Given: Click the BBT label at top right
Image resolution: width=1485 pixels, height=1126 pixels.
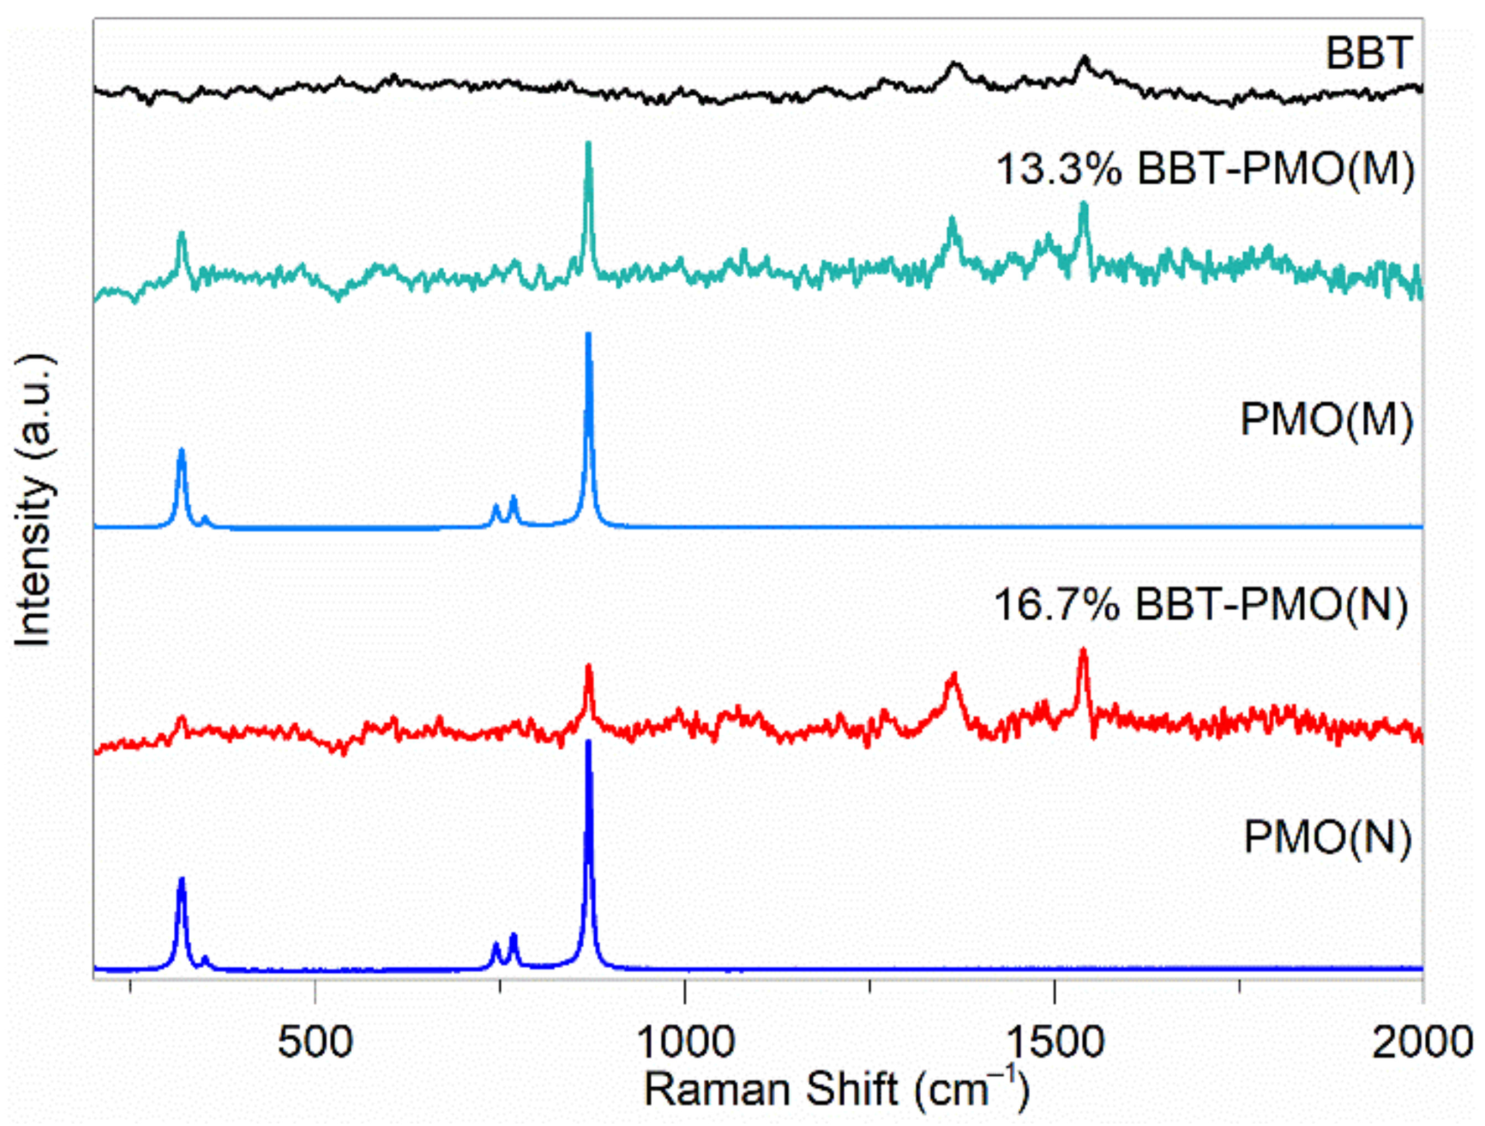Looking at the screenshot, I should [1369, 53].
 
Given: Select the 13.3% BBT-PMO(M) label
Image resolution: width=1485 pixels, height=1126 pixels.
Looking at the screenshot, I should [1204, 169].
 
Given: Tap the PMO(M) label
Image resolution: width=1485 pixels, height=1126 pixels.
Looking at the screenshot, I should [1326, 421].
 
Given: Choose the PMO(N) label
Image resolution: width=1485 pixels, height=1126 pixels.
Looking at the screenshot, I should [1328, 837].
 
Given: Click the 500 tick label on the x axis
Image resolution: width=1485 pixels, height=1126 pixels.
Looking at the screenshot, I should [315, 1043].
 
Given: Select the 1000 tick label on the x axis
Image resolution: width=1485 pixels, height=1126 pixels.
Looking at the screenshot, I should [685, 1043].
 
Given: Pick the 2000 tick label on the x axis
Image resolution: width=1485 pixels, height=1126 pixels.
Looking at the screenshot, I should [1422, 1043].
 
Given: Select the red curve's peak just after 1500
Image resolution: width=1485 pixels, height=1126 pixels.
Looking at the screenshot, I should [1083, 651].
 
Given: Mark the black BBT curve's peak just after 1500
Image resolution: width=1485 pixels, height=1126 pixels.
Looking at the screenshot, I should [1083, 59].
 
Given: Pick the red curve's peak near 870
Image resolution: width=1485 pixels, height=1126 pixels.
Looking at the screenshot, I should [589, 666].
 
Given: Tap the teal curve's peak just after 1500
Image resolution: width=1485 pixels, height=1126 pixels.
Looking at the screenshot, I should [1083, 204].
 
